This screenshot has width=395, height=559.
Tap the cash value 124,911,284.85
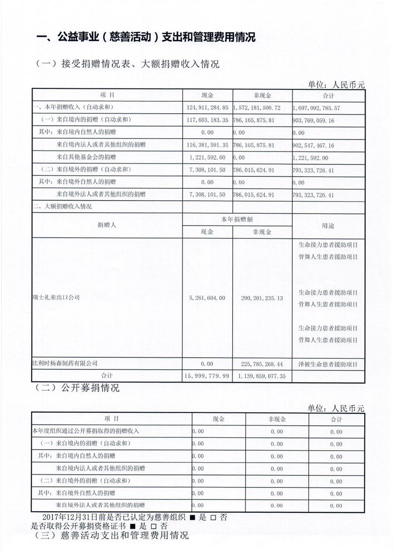pyautogui.click(x=207, y=107)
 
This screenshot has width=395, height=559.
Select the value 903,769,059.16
pyautogui.click(x=314, y=120)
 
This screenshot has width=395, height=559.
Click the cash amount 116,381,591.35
pyautogui.click(x=207, y=145)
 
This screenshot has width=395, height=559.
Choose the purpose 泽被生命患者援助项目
pyautogui.click(x=328, y=364)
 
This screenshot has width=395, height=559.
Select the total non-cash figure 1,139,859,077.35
pyautogui.click(x=262, y=376)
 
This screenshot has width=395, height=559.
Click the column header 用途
pyautogui.click(x=328, y=225)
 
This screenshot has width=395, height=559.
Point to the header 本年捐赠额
pyautogui.click(x=237, y=219)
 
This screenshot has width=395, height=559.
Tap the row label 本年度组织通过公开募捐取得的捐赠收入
pyautogui.click(x=85, y=431)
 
